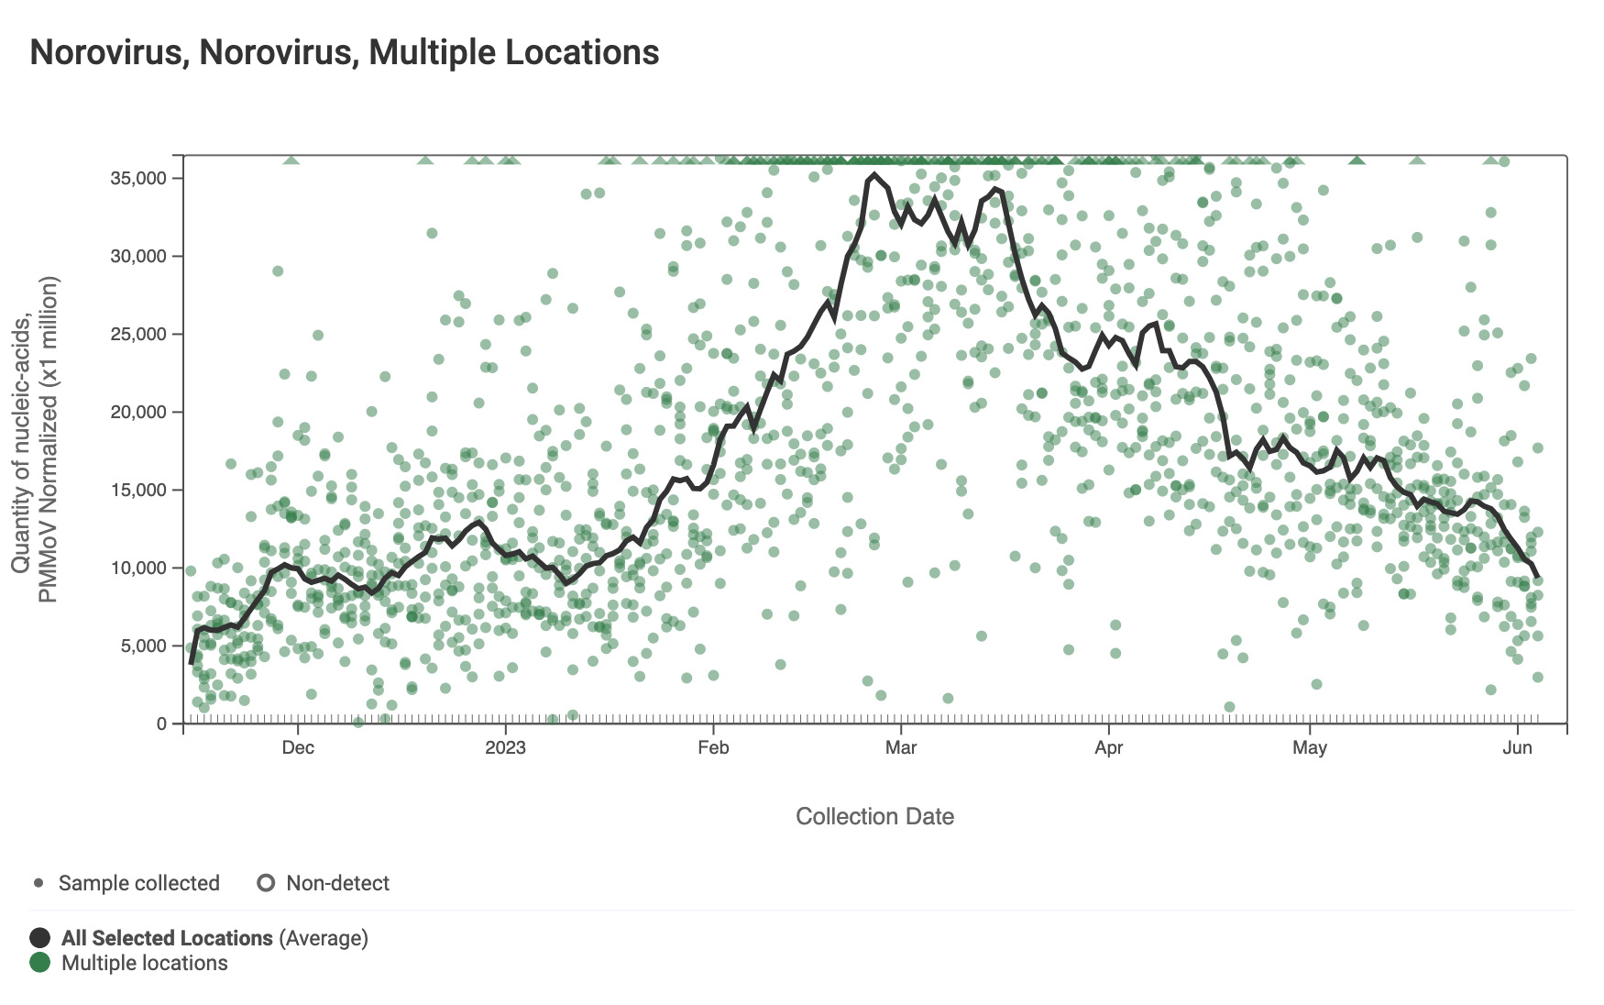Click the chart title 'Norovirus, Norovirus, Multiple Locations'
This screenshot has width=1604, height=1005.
(344, 52)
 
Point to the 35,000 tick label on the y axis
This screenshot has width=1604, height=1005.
(138, 178)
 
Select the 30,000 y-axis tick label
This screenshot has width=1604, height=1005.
(138, 256)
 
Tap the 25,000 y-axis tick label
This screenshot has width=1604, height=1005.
(138, 334)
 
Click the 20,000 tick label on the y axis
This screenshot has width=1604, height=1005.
(138, 412)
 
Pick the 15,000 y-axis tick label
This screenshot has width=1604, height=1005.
(138, 490)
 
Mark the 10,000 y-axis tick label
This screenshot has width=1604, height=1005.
(138, 568)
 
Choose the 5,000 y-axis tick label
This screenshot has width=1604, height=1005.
(143, 646)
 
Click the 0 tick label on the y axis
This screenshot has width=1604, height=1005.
(162, 723)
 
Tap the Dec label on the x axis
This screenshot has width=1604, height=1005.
(298, 747)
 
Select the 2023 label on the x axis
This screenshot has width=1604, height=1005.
(505, 747)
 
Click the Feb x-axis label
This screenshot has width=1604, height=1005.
(713, 747)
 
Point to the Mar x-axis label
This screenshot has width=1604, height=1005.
(901, 747)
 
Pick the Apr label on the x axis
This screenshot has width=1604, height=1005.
(1109, 747)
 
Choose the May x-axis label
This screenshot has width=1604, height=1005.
(1310, 747)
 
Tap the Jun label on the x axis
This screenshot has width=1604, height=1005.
(1518, 747)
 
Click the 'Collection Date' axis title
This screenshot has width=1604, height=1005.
(874, 816)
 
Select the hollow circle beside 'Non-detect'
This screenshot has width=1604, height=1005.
(266, 883)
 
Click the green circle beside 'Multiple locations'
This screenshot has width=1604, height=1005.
(39, 963)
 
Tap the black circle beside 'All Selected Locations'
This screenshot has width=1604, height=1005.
(39, 938)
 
